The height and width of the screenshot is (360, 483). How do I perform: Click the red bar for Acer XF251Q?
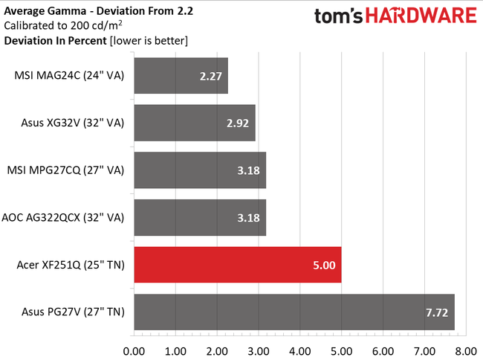pyautogui.click(x=238, y=265)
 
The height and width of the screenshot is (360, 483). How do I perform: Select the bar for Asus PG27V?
pyautogui.click(x=294, y=312)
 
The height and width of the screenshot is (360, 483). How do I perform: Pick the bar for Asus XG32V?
pyautogui.click(x=195, y=123)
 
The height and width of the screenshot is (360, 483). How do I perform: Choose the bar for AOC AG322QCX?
pyautogui.click(x=200, y=217)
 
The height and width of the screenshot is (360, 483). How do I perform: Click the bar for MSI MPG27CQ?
pyautogui.click(x=200, y=170)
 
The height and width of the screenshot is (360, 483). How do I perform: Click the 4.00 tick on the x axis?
pyautogui.click(x=299, y=349)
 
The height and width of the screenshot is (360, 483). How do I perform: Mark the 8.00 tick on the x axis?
pyautogui.click(x=465, y=349)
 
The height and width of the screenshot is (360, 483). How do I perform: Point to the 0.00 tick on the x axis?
pyautogui.click(x=134, y=349)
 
